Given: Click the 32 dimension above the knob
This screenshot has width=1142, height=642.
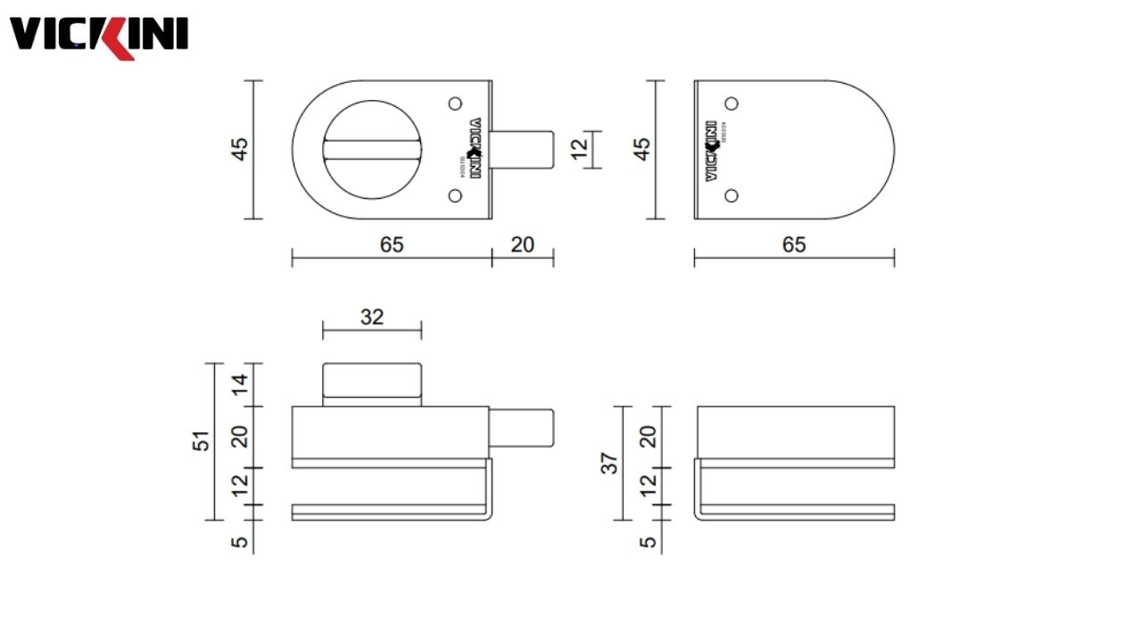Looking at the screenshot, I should [372, 317].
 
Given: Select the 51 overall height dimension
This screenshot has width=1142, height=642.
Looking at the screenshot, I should [203, 440].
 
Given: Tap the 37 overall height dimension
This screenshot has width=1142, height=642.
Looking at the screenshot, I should [609, 462].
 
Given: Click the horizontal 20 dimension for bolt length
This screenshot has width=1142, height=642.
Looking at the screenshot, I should [523, 244].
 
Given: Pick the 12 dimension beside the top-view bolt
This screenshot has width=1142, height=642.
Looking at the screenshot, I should [580, 149].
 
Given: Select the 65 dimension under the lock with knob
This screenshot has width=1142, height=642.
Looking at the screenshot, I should [392, 244].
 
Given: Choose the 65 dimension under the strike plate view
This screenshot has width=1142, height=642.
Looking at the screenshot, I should [794, 244].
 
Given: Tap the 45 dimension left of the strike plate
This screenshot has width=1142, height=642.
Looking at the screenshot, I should [642, 149].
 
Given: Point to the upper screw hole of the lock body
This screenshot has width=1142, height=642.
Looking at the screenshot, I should [455, 103].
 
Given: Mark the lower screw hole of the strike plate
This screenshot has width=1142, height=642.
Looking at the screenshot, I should [732, 195].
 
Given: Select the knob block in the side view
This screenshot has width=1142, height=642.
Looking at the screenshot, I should [371, 384].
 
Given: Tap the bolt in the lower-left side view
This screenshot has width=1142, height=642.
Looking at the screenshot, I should [523, 427].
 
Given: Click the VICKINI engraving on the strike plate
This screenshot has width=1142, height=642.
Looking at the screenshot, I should [712, 151].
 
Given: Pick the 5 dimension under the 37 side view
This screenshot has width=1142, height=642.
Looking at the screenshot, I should [649, 540].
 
